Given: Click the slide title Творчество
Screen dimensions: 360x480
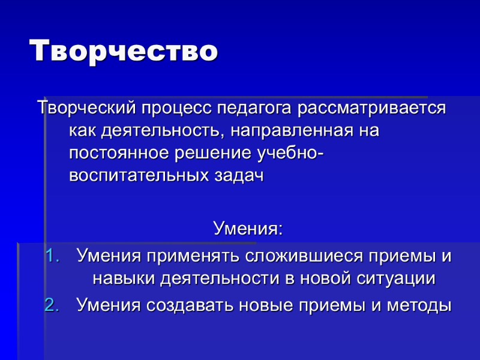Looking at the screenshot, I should [x=124, y=50].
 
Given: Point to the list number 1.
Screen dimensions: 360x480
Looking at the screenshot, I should [x=53, y=256].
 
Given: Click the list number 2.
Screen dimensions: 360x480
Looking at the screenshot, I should [x=53, y=305].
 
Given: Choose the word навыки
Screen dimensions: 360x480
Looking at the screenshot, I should [x=123, y=278].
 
